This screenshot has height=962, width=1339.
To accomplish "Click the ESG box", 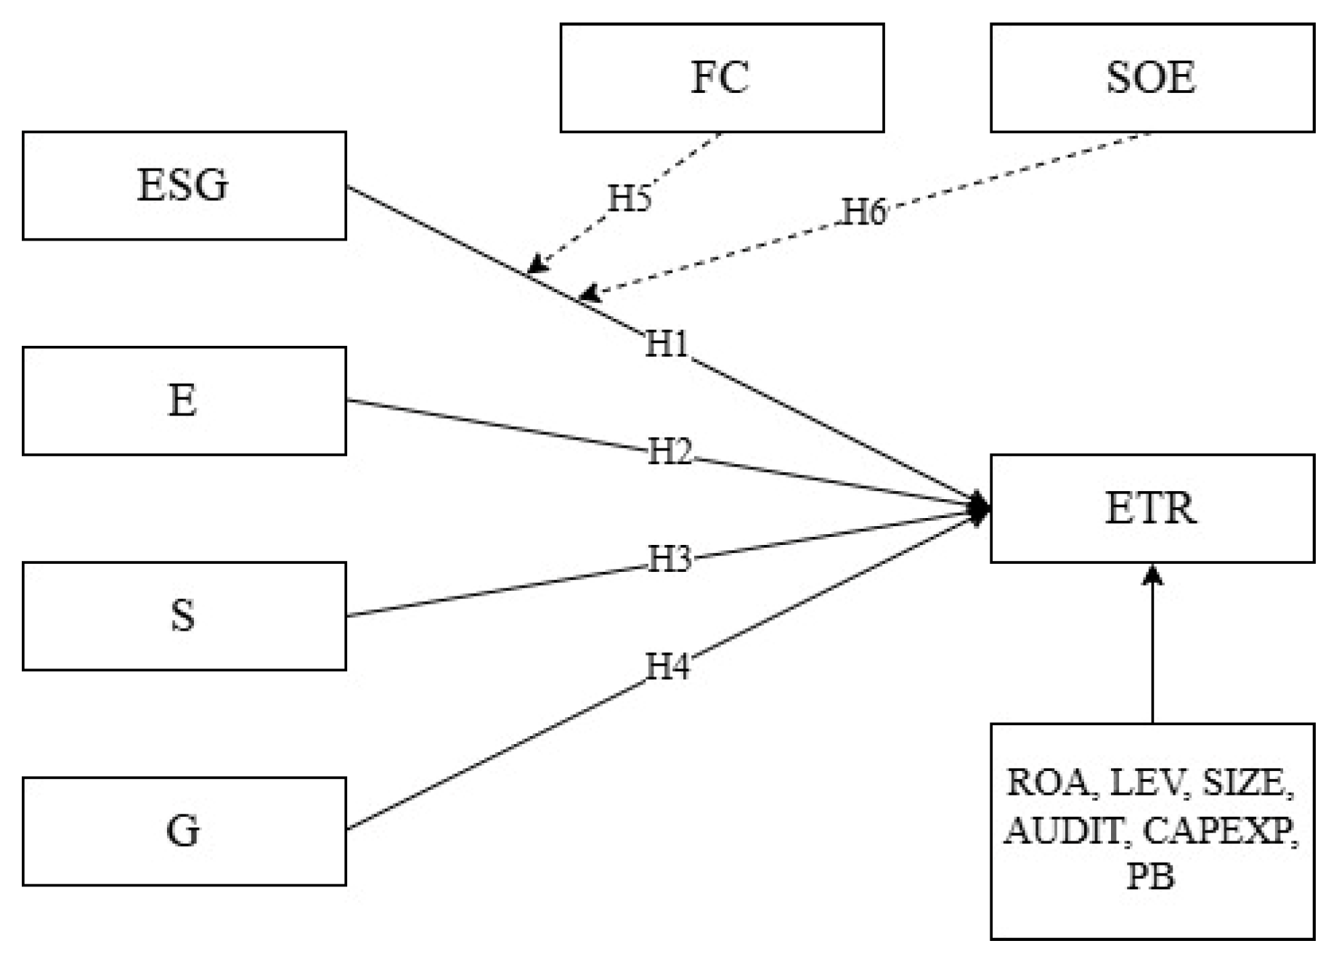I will coord(184,185).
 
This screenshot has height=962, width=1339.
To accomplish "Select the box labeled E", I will coord(184,400).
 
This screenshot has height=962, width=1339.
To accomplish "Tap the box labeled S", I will coord(184,615).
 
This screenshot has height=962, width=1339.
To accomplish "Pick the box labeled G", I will coord(184,830).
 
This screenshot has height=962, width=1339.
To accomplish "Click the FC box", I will coord(721,78).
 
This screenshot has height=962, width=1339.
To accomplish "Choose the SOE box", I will coord(1152,78).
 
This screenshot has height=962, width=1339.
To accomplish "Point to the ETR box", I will coord(1152,508).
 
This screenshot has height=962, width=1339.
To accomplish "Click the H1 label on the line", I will coord(667,344).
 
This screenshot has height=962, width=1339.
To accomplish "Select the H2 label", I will coord(669,452).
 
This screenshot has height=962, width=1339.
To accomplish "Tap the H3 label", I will coord(669,559).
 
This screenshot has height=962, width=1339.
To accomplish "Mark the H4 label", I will coord(667,666).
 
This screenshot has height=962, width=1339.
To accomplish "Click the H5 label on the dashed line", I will coord(629,198).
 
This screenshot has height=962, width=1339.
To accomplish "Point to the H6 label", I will coord(864,212).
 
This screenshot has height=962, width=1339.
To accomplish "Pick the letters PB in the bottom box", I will coord(1150,876).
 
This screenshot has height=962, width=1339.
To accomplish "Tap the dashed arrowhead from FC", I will coord(536,264).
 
